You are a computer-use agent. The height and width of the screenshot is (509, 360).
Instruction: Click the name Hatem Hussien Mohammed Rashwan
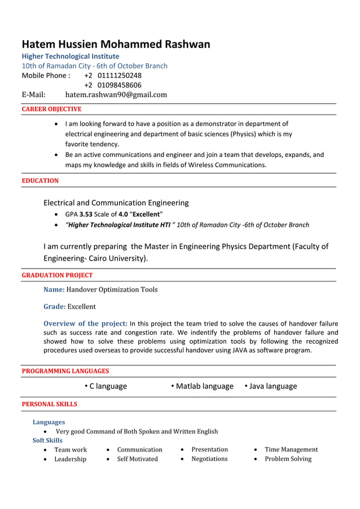[116, 44]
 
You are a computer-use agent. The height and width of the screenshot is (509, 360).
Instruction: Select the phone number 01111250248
[119, 76]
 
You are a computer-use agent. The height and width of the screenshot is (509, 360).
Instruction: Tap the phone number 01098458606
[119, 85]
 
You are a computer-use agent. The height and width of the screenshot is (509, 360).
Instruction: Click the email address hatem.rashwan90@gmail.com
[116, 95]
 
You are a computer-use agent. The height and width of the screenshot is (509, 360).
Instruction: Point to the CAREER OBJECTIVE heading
[51, 109]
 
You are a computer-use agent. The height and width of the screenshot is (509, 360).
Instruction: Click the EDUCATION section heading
[40, 181]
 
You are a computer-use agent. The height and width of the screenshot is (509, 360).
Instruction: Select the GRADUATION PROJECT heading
[57, 275]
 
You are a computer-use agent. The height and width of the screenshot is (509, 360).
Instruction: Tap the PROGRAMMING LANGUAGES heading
[65, 371]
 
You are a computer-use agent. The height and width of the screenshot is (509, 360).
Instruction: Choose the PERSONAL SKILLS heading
[49, 404]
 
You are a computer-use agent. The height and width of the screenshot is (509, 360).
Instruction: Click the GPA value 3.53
[86, 214]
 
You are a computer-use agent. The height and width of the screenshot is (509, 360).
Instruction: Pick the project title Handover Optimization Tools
[112, 289]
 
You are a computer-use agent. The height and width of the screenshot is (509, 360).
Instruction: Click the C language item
[108, 386]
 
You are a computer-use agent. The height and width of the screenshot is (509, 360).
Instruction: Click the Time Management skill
[291, 450]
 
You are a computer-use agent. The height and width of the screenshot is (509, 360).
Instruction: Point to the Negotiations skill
[209, 459]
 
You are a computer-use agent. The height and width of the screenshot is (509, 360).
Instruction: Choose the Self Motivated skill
[137, 459]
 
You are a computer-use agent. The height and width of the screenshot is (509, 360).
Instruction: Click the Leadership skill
[71, 459]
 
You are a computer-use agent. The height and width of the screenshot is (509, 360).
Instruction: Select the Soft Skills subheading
[47, 440]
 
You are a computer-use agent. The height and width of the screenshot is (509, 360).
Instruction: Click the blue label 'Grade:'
[55, 306]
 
